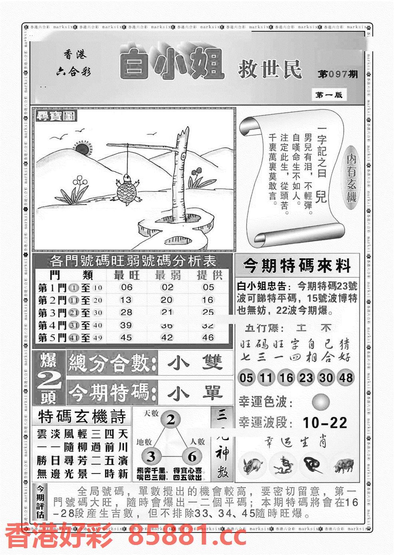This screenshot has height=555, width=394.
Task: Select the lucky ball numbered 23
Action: [305, 378]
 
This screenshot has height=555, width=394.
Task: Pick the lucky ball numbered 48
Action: [345, 378]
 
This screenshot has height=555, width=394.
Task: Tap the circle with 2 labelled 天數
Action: [171, 420]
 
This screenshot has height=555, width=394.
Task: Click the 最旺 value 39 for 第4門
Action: [126, 326]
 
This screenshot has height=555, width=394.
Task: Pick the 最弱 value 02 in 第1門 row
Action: [167, 287]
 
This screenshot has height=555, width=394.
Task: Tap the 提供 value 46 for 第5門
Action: [208, 338]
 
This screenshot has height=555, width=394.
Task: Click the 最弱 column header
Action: [167, 275]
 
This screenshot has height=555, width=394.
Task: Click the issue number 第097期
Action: [338, 75]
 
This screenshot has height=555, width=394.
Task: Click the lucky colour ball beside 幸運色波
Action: [321, 401]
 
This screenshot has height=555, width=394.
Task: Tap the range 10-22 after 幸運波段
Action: [325, 423]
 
